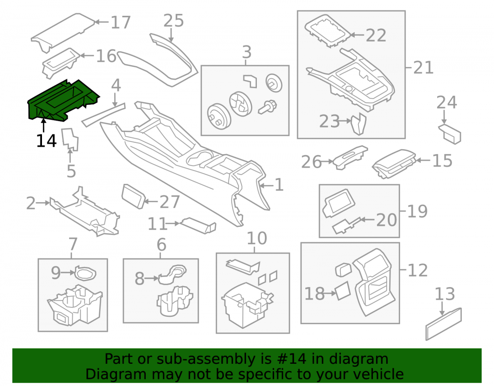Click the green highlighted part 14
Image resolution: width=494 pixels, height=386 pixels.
coord(63,100)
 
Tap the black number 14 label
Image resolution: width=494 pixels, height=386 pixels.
coord(46,140)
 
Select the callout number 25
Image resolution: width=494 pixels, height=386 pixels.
coord(173,21)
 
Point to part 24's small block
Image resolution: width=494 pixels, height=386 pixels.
coord(450,133)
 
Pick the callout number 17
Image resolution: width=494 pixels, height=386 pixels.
coord(121,22)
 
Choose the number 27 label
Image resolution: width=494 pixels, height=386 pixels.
coord(170,202)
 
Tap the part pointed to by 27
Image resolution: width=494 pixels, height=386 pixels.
coord(133,196)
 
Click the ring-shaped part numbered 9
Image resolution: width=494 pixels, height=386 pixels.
coord(85,273)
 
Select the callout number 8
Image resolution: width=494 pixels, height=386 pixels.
coord(140,279)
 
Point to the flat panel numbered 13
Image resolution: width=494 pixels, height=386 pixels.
coord(444,324)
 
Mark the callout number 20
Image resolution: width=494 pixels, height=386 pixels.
coord(387,219)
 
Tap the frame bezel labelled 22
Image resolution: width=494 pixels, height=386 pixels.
coord(328,31)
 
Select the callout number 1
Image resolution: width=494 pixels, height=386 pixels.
coord(279,185)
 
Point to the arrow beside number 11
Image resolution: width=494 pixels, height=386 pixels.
coord(172,223)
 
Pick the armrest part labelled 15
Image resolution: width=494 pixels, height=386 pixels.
coord(394,164)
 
